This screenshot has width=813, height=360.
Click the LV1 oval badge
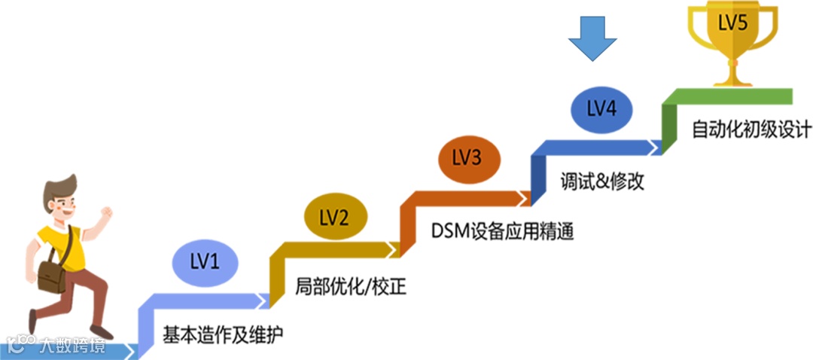coord(206,261)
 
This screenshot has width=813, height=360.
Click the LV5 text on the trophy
coord(732,23)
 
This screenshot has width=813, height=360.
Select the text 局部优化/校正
coord(352,286)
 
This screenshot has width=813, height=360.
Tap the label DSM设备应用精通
coord(503,230)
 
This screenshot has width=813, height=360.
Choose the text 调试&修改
coord(602,182)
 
